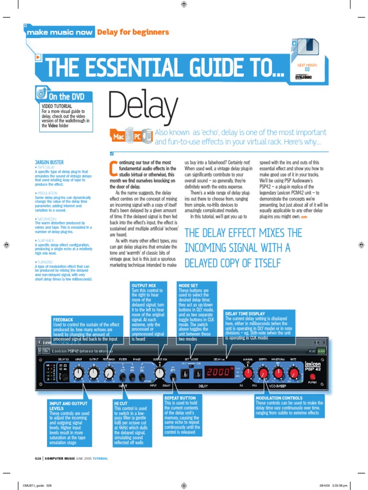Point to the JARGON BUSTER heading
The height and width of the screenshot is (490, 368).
49,162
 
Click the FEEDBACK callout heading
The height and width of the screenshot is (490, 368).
63,319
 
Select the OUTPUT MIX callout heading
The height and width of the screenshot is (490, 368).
144,285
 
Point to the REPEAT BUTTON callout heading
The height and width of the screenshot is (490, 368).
180,398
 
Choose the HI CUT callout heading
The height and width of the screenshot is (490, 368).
121,404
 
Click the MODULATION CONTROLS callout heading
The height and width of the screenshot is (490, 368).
279,398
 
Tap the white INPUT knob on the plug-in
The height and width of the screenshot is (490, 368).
78,372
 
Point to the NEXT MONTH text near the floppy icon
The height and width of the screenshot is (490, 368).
307,64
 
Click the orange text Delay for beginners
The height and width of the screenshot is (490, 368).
133,32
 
